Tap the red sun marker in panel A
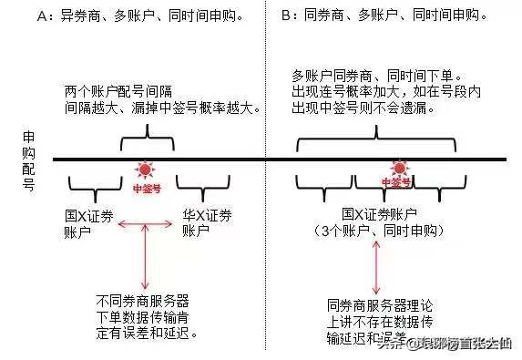[145, 170]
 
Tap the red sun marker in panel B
[397, 168]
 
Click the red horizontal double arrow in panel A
[145, 224]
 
